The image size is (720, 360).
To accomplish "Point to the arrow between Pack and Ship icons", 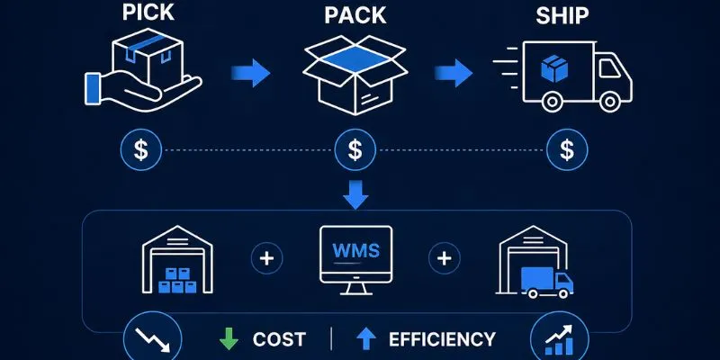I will point(456,74).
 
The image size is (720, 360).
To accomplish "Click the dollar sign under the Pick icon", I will point(141,148).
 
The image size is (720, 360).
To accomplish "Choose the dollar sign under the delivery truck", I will point(566,148).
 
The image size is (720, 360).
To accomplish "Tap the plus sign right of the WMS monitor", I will point(444,259).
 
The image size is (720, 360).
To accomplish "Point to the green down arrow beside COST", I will point(229,339).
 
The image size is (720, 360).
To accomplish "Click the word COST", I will point(279,339).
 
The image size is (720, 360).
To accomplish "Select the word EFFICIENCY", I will point(442,339).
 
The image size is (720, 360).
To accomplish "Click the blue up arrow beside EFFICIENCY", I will point(364,339).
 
